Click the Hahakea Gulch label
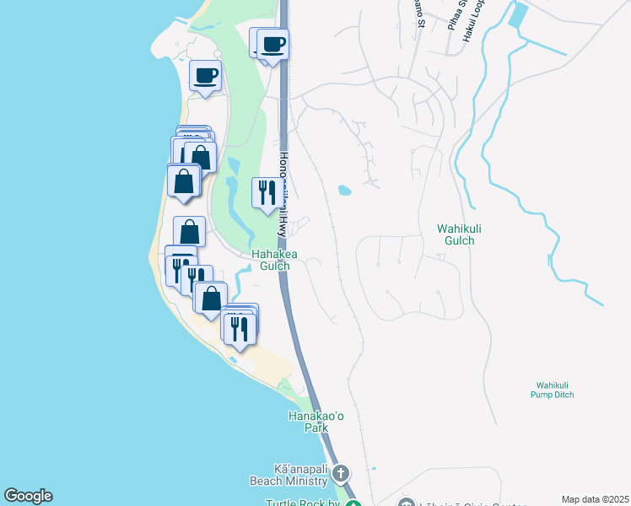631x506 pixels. (x=270, y=260)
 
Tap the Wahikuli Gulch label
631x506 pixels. (x=456, y=234)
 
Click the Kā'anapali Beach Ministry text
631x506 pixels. (x=288, y=475)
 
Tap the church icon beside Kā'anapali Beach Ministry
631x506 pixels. (x=341, y=473)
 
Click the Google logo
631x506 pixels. (x=28, y=496)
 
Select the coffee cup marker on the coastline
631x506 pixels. (x=206, y=77)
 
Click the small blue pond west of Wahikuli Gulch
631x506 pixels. (x=344, y=190)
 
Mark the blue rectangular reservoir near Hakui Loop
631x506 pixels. (x=519, y=15)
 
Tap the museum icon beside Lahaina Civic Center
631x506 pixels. (x=407, y=503)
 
